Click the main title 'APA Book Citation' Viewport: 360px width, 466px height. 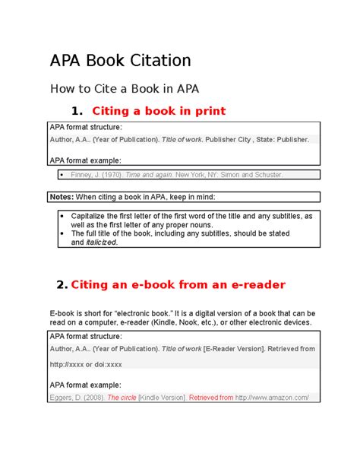pyautogui.click(x=120, y=61)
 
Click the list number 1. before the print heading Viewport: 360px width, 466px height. pyautogui.click(x=75, y=112)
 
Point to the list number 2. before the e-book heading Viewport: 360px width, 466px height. pyautogui.click(x=62, y=285)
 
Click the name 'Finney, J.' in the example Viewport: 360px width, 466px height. pyautogui.click(x=84, y=175)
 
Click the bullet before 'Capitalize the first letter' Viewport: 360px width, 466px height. pyautogui.click(x=62, y=216)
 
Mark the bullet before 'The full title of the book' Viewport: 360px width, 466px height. pyautogui.click(x=62, y=233)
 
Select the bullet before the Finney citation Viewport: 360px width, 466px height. pyautogui.click(x=62, y=175)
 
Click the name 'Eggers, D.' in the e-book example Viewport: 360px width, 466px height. pyautogui.click(x=66, y=397)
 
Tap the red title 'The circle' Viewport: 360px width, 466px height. pyautogui.click(x=122, y=397)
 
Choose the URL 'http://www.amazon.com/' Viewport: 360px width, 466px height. pyautogui.click(x=273, y=397)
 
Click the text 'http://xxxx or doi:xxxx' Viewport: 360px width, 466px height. pyautogui.click(x=86, y=363)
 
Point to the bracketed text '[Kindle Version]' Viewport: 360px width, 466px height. pyautogui.click(x=163, y=397)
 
